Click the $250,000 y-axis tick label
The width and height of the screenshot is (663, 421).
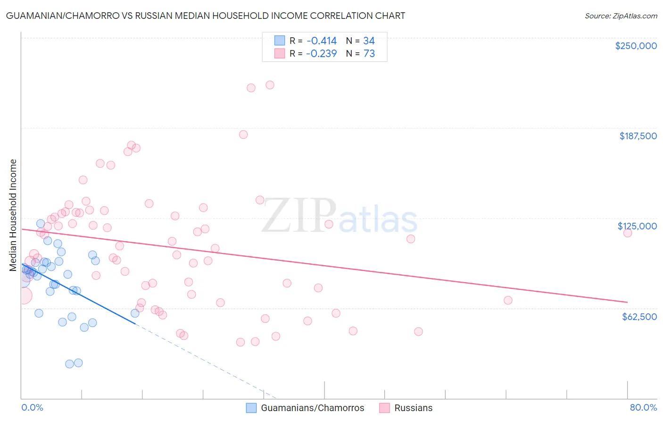click(636, 46)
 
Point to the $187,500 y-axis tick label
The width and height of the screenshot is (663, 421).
click(638, 136)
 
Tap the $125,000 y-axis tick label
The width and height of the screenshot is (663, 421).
click(637, 226)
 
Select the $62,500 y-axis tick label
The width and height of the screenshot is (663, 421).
click(639, 317)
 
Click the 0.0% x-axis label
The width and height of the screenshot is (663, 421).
click(32, 408)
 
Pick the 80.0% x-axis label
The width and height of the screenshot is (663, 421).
click(643, 408)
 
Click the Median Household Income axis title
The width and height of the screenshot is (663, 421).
click(13, 215)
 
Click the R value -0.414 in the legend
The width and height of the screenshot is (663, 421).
click(321, 41)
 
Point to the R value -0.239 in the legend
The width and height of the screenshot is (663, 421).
click(321, 54)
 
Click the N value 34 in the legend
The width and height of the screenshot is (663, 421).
click(369, 41)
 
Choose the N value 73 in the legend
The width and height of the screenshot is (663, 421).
click(369, 54)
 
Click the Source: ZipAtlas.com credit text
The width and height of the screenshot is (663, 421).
click(621, 16)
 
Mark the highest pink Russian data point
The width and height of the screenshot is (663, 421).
click(270, 85)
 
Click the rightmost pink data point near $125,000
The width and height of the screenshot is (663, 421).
click(627, 233)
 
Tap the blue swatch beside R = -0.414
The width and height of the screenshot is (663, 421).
click(280, 41)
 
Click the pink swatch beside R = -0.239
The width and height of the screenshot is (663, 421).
click(280, 53)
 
